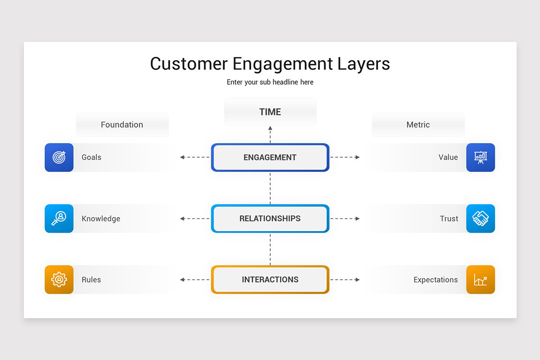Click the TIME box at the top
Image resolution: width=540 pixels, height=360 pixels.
pos(270,112)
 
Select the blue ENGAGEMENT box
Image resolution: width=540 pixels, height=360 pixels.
pos(270,157)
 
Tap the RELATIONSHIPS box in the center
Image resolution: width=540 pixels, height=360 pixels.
pos(270,219)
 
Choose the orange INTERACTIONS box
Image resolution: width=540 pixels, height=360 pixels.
pos(270,279)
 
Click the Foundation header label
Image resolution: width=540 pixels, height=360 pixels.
pos(122,125)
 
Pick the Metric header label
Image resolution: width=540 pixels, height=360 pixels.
pos(418,125)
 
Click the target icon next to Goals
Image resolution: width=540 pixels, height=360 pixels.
pos(59,157)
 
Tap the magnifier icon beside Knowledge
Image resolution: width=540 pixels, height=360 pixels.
pos(59,219)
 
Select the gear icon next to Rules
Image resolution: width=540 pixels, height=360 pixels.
pos(59,279)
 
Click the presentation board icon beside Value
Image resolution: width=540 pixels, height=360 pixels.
pos(481,157)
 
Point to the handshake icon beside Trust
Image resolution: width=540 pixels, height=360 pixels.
pos(481,219)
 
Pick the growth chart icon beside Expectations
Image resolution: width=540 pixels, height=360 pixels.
pos(481,279)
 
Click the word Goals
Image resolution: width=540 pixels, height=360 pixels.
pos(91,157)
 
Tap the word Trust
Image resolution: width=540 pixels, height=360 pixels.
pos(449,219)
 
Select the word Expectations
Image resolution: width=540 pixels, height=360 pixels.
pos(436,279)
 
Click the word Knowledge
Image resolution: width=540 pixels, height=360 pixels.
pos(101,219)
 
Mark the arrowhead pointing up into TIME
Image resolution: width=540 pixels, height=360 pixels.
pos(270,128)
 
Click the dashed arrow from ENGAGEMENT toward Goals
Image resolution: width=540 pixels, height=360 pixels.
pos(195,157)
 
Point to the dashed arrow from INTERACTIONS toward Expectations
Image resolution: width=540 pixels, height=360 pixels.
pos(345,279)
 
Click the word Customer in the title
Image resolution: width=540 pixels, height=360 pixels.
pos(189,64)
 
